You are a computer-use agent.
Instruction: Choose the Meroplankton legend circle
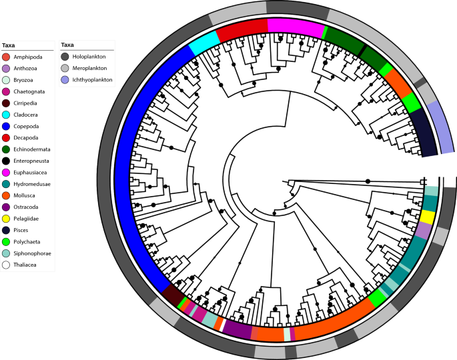(x=65, y=68)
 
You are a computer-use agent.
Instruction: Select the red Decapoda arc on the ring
(x=241, y=28)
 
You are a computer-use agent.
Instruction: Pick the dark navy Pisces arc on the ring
(x=422, y=131)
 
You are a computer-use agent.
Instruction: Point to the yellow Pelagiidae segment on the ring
(x=428, y=217)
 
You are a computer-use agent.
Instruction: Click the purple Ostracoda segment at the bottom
(x=237, y=328)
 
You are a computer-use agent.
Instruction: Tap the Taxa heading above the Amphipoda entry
(x=9, y=45)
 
